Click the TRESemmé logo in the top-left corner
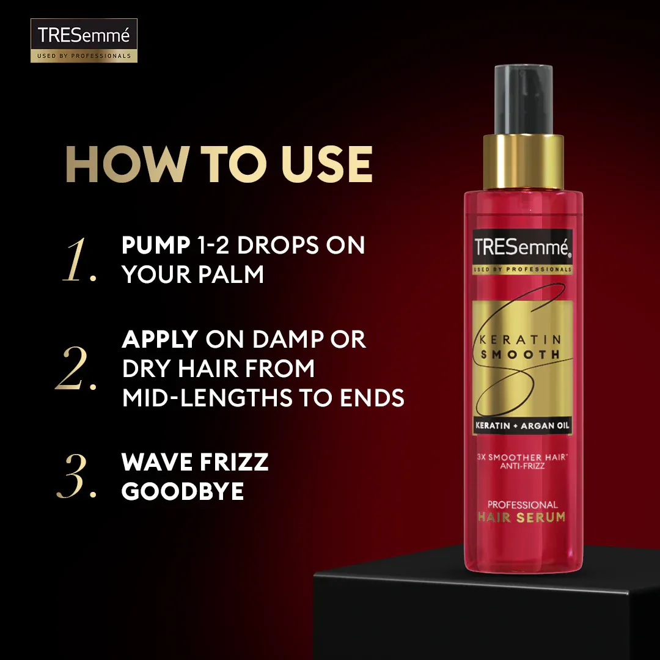[x=84, y=40]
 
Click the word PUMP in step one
[x=156, y=246]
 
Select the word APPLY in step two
[x=160, y=339]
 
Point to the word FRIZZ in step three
[x=234, y=462]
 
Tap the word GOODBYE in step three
[x=183, y=492]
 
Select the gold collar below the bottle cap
[x=523, y=162]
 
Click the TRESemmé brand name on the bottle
[x=522, y=247]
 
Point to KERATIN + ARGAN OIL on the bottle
[x=522, y=427]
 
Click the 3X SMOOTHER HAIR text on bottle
[x=522, y=457]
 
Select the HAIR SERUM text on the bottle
[x=522, y=518]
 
